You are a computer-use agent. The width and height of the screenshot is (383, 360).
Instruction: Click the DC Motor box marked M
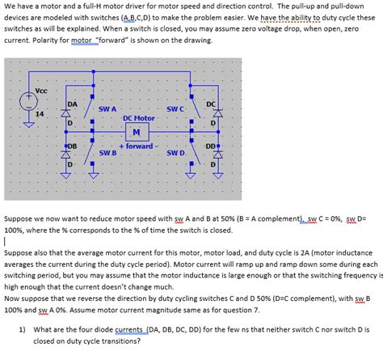pyautogui.click(x=137, y=132)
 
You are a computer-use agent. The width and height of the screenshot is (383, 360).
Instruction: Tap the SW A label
pyautogui.click(x=107, y=109)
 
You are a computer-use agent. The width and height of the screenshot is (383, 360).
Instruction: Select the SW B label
pyautogui.click(x=107, y=153)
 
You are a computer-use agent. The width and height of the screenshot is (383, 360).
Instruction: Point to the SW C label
pyautogui.click(x=175, y=109)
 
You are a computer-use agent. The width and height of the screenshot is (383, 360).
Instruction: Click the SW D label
pyautogui.click(x=175, y=153)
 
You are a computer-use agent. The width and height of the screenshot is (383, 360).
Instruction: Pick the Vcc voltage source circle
pyautogui.click(x=28, y=101)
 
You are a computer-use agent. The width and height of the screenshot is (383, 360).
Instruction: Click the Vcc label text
pyautogui.click(x=41, y=91)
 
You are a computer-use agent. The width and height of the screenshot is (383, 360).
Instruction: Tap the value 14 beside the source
pyautogui.click(x=40, y=114)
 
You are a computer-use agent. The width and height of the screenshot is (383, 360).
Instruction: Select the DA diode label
pyautogui.click(x=72, y=104)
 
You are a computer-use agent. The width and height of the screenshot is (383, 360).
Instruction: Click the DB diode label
pyautogui.click(x=72, y=146)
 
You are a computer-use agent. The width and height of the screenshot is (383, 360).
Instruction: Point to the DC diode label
pyautogui.click(x=211, y=104)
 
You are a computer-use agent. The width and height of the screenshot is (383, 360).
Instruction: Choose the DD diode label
pyautogui.click(x=211, y=146)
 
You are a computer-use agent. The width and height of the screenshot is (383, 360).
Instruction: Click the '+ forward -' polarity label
pyautogui.click(x=139, y=146)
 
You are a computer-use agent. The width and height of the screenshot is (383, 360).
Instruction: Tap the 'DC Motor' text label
pyautogui.click(x=139, y=118)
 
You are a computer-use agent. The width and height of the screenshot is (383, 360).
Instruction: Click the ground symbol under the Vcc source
pyautogui.click(x=28, y=125)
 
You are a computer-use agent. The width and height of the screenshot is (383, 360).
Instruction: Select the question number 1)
pyautogui.click(x=22, y=329)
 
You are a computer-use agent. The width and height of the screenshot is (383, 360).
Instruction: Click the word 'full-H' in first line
pyautogui.click(x=81, y=6)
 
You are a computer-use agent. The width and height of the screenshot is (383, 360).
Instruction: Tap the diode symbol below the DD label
pyautogui.click(x=218, y=155)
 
